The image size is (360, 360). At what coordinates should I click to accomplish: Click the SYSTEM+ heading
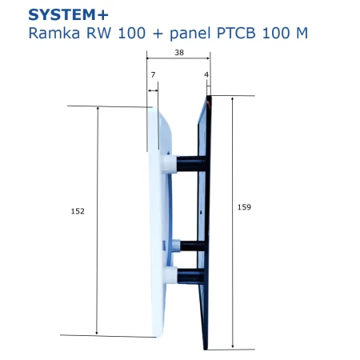[68, 15]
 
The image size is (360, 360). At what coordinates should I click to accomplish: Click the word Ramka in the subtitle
[54, 33]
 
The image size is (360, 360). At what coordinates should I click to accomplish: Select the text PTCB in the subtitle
[237, 33]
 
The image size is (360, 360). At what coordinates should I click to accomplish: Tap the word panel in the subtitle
[190, 33]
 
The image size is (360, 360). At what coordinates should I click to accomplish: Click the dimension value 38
[179, 53]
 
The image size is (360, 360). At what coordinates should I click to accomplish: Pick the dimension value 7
[153, 75]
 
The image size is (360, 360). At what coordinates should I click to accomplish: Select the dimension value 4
[206, 74]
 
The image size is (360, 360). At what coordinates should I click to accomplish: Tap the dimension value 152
[78, 211]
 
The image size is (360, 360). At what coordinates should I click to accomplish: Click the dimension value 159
[244, 207]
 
